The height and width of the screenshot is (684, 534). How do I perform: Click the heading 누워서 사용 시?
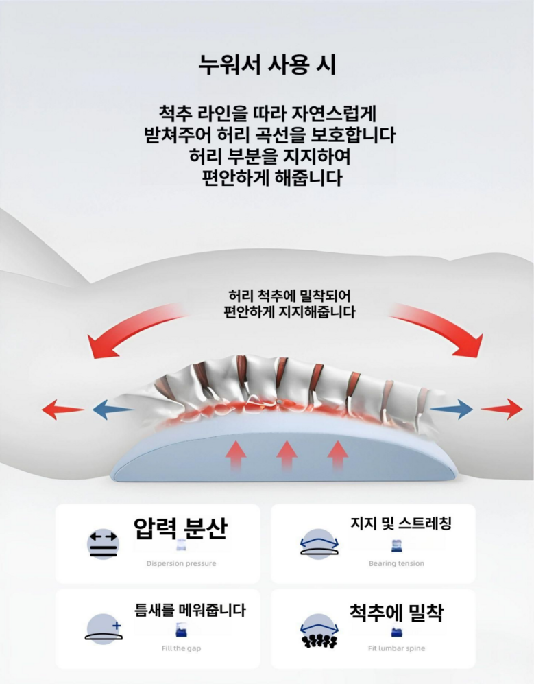tap(267, 65)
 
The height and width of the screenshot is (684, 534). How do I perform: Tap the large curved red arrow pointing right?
tap(439, 327)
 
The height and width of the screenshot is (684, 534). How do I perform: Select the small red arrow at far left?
tap(62, 410)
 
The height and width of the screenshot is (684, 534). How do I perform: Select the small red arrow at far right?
tap(502, 410)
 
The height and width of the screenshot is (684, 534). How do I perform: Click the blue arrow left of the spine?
tap(112, 410)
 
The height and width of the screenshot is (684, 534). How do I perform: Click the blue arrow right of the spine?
tap(452, 410)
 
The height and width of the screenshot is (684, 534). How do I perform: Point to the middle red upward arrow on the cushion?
tap(287, 455)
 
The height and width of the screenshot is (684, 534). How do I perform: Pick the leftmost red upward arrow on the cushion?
tap(236, 455)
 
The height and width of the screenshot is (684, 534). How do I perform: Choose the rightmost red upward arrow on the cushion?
tap(337, 455)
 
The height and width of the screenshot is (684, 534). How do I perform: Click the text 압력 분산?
tap(180, 528)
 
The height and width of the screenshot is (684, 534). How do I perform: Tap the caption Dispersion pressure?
tap(181, 563)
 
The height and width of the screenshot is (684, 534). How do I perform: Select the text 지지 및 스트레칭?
tap(401, 523)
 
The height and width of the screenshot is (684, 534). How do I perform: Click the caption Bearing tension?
tap(396, 563)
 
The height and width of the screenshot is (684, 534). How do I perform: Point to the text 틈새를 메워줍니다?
tap(190, 609)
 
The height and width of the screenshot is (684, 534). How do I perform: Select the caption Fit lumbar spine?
tap(396, 648)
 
